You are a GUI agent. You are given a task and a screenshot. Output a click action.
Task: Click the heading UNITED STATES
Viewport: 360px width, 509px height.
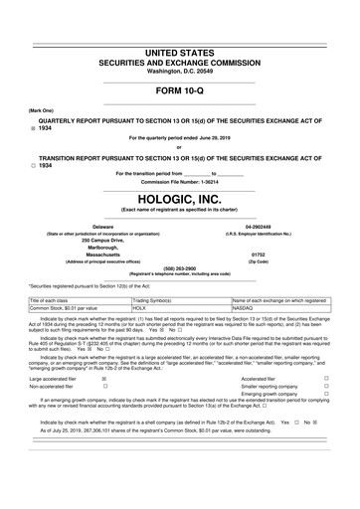(180, 50)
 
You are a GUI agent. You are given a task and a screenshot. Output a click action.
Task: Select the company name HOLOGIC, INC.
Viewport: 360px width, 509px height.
(180, 198)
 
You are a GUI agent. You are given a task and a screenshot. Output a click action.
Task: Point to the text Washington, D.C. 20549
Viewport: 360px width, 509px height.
(180, 72)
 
